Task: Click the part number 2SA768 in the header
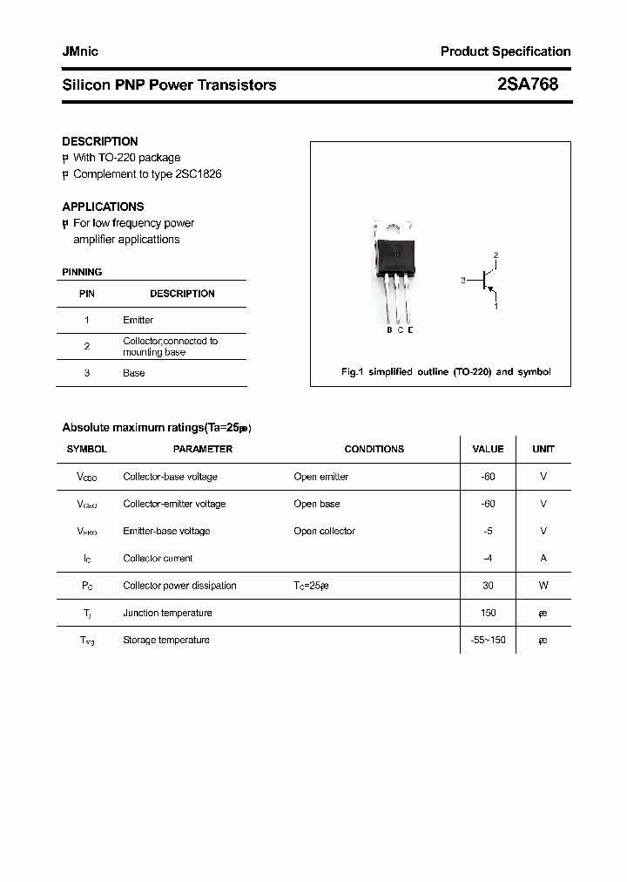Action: pyautogui.click(x=528, y=85)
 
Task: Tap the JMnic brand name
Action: pyautogui.click(x=80, y=51)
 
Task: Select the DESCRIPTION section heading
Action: pyautogui.click(x=100, y=141)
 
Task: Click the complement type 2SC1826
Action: pyautogui.click(x=199, y=174)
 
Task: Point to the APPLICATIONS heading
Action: pyautogui.click(x=103, y=207)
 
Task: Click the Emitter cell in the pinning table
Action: pyautogui.click(x=138, y=320)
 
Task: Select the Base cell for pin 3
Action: pyautogui.click(x=134, y=373)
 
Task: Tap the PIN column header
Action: pyautogui.click(x=87, y=294)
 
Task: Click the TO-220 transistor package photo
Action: pyautogui.click(x=393, y=271)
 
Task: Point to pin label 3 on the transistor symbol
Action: pyautogui.click(x=464, y=281)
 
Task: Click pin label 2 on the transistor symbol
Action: pyautogui.click(x=496, y=255)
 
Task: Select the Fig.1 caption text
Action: pyautogui.click(x=445, y=372)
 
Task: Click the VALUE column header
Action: pyautogui.click(x=488, y=449)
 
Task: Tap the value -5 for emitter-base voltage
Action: pyautogui.click(x=488, y=531)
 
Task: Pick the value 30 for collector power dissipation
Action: pyautogui.click(x=488, y=586)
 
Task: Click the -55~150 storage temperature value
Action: pyautogui.click(x=488, y=640)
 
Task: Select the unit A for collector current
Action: pyautogui.click(x=543, y=558)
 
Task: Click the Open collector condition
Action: pyautogui.click(x=324, y=531)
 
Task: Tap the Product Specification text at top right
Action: pyautogui.click(x=505, y=51)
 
